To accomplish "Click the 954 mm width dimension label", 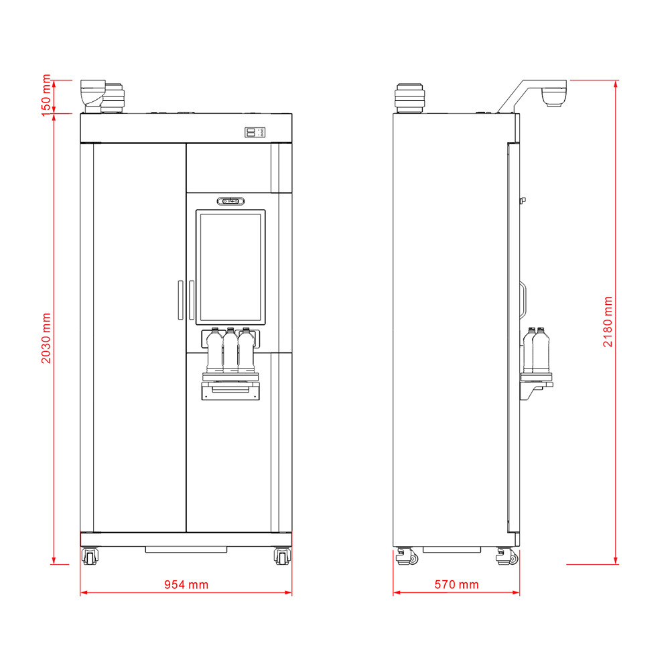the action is point(186,584).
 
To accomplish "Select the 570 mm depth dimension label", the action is point(456,584).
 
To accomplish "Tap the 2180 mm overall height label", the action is point(608,322).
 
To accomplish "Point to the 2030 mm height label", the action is point(46,338).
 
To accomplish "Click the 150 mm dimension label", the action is point(46,95).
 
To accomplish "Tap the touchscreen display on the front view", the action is point(230,267).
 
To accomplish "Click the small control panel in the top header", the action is point(255,133).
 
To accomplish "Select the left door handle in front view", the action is point(181,300).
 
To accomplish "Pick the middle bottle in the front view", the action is point(230,350).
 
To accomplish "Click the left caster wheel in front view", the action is point(90,556).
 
